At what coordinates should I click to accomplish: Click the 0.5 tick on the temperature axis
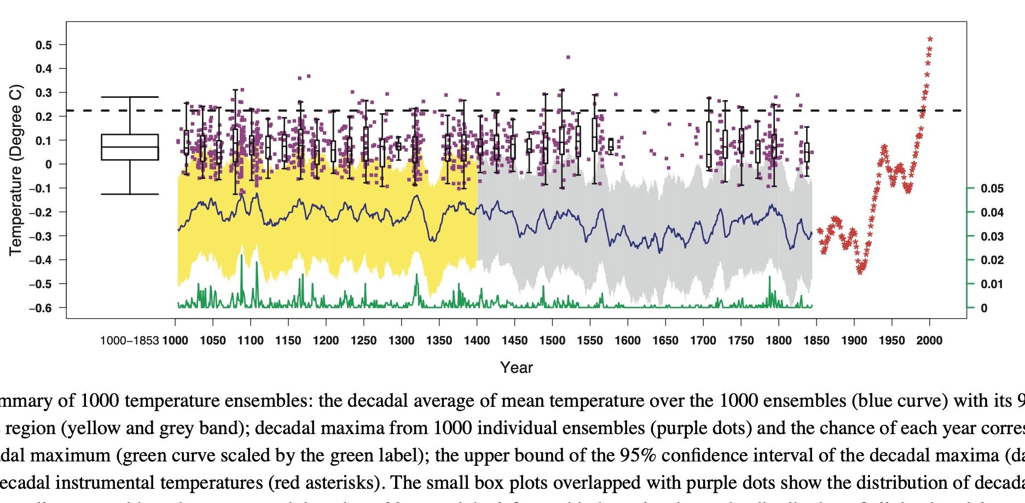click(x=44, y=45)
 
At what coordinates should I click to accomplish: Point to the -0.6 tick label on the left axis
click(x=40, y=308)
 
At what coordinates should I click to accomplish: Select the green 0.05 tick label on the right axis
click(x=992, y=189)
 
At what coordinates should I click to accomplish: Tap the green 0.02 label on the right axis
click(x=992, y=260)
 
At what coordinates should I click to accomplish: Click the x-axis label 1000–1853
click(x=130, y=341)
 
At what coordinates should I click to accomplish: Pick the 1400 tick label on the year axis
click(x=477, y=341)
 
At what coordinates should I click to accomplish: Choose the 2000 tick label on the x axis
click(x=929, y=341)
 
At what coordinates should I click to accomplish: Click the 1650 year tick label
click(x=665, y=341)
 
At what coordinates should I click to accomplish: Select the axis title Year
click(x=516, y=367)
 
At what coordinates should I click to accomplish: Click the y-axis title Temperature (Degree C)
click(x=16, y=169)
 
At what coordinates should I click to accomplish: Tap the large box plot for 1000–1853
click(x=130, y=147)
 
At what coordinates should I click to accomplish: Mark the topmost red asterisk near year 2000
click(x=930, y=39)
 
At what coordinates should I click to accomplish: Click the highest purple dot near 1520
click(x=568, y=57)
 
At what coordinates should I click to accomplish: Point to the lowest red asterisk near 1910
click(x=860, y=271)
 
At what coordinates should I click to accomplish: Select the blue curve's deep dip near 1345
click(x=433, y=239)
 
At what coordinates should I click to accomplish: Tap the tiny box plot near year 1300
click(x=398, y=146)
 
